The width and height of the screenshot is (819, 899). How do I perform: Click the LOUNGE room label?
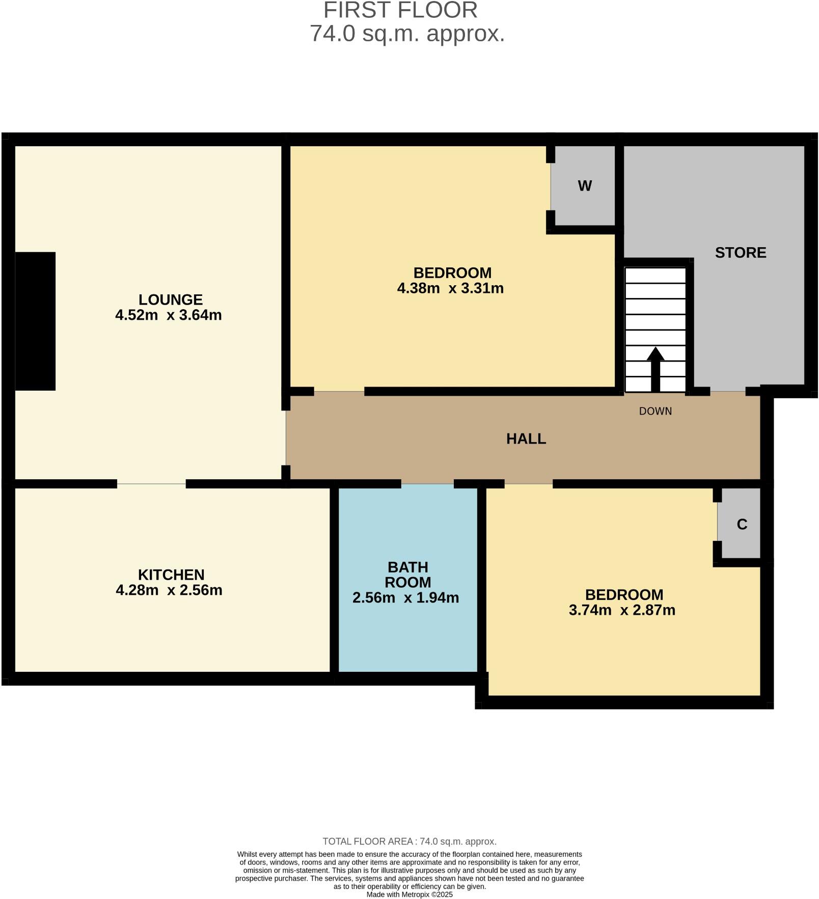[x=171, y=299]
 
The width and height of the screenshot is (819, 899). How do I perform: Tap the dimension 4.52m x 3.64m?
[x=169, y=315]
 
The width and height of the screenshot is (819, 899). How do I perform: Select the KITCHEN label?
[x=171, y=575]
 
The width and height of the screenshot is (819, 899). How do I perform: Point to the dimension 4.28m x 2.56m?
[x=169, y=590]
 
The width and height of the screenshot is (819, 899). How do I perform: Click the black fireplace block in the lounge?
[x=35, y=321]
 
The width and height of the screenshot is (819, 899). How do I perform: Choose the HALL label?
[x=526, y=439]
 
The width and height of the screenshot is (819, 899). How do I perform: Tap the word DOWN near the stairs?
[x=655, y=411]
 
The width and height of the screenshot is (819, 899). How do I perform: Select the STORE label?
[x=740, y=253]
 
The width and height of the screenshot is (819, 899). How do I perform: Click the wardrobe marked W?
[x=585, y=186]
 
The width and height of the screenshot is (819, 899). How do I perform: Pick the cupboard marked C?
[x=742, y=524]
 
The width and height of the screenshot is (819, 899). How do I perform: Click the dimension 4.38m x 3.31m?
[x=450, y=288]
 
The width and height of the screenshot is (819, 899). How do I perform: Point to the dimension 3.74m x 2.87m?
[x=622, y=610]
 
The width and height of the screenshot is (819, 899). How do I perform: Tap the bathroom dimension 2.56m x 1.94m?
[x=406, y=597]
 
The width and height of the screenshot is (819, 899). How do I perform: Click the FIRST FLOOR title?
[x=400, y=10]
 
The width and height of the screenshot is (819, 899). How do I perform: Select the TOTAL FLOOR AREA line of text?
[x=410, y=841]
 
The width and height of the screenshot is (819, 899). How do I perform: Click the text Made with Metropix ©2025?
[x=410, y=894]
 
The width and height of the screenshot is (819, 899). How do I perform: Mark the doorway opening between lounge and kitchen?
[x=151, y=484]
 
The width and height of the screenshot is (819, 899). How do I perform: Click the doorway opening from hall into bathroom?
[x=427, y=484]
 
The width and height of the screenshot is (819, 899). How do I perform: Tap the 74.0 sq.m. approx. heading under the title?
[x=407, y=34]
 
